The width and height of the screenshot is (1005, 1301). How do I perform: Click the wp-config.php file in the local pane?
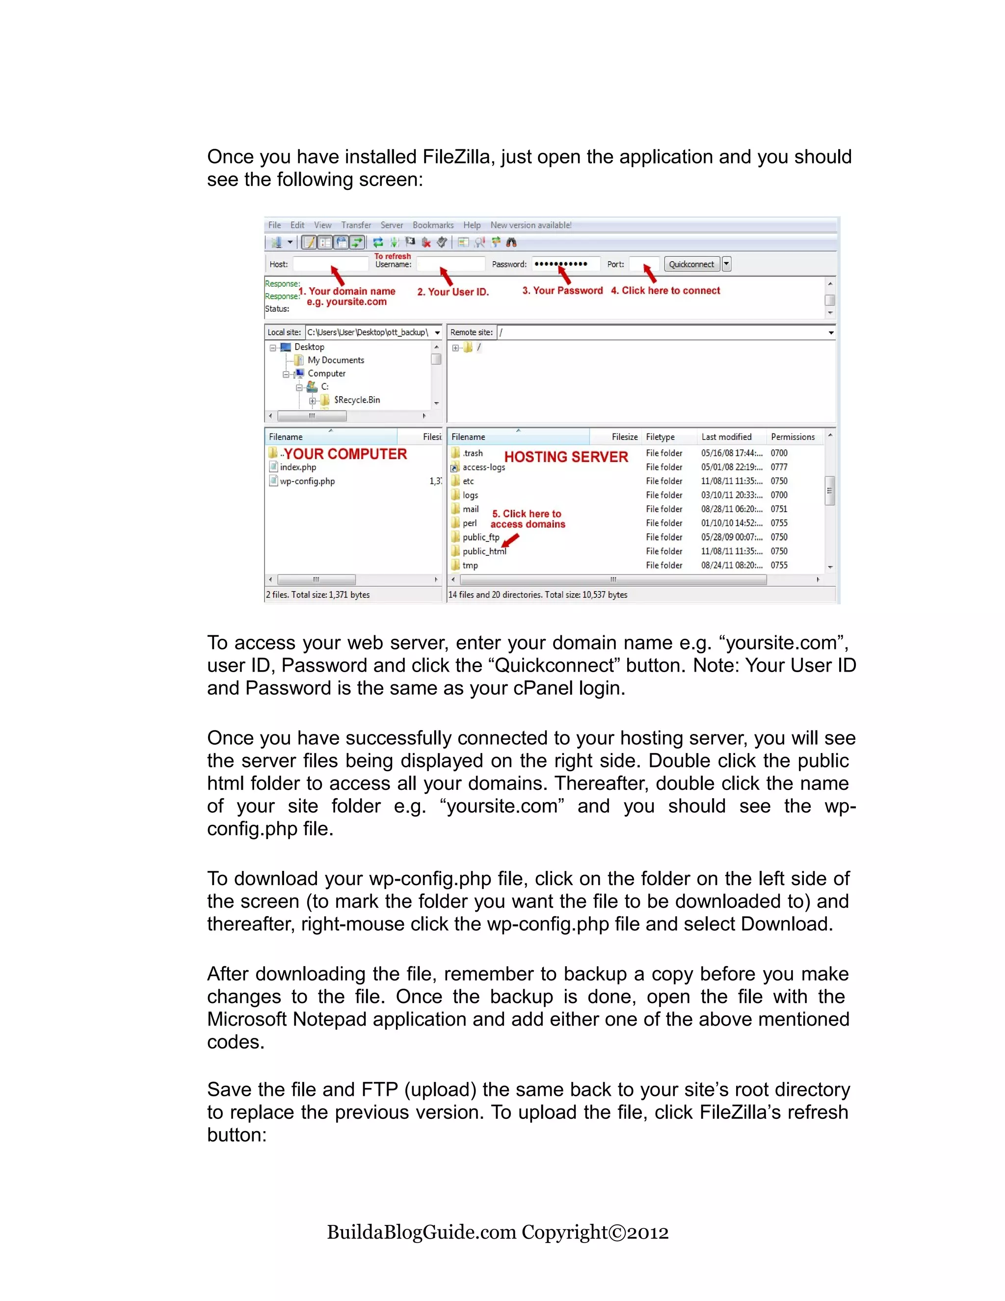point(307,481)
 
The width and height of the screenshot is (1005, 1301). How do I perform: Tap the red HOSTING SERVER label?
point(566,457)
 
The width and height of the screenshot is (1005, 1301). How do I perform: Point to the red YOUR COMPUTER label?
point(345,454)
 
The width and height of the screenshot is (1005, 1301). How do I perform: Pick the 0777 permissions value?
point(779,467)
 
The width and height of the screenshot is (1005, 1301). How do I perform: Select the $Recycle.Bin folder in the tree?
point(356,400)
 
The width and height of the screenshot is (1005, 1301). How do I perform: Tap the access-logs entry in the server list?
point(483,467)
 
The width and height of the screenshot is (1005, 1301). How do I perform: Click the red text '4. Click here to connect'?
point(665,291)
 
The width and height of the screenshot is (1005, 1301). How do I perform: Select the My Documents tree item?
point(335,360)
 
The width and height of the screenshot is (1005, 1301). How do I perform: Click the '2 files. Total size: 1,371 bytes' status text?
point(318,595)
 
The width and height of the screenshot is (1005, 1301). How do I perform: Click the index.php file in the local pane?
point(298,467)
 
